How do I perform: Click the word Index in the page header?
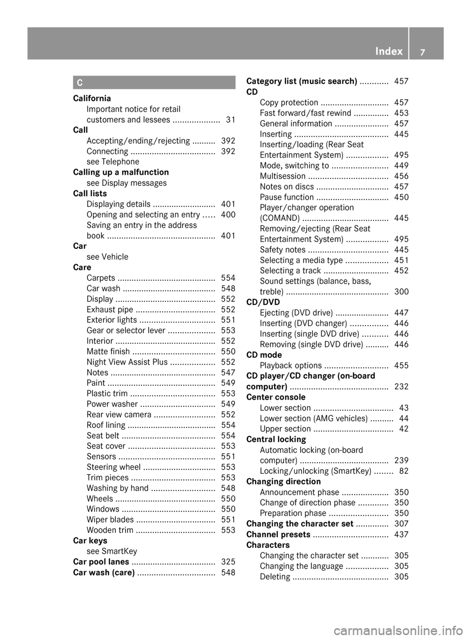point(389,51)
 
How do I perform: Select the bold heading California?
point(92,98)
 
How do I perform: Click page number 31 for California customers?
point(230,120)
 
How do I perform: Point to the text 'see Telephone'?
point(113,161)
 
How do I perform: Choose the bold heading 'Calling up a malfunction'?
point(121,172)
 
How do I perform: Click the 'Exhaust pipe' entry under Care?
point(110,310)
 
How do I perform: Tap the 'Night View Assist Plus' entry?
point(127,362)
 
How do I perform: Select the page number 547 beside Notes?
point(228,373)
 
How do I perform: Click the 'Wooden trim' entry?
point(110,530)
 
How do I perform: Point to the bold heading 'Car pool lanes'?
point(101,561)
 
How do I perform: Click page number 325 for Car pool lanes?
point(228,561)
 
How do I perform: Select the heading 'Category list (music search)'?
point(302,81)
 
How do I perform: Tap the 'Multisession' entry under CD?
point(283,176)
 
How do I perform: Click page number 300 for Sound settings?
point(401,292)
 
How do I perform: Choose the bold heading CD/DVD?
point(263,302)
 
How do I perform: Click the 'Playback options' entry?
point(291,365)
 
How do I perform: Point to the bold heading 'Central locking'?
point(276,439)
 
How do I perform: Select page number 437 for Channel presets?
point(401,534)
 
